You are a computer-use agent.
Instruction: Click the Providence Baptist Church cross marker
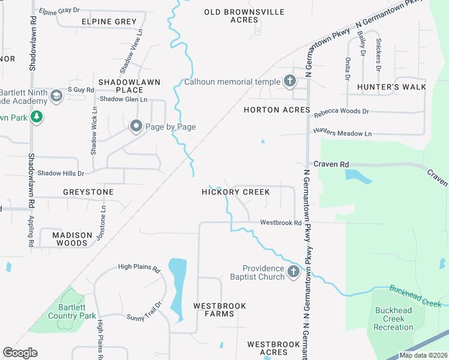coord(293,272)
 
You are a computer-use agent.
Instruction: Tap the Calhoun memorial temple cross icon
coord(290,82)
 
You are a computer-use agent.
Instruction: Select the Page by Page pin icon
coord(136,127)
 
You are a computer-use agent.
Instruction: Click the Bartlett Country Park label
coord(72,311)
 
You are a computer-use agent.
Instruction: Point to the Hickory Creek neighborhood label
coord(235,192)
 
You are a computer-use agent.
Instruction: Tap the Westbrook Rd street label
coord(280,223)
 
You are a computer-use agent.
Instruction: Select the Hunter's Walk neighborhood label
coord(391,87)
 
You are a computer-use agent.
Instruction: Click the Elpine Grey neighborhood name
coord(109,22)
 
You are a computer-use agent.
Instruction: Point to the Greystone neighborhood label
coord(88,192)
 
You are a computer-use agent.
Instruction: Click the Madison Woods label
coord(72,239)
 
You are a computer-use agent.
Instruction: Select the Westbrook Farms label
coord(220,310)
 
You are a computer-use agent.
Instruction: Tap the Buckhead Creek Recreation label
coord(393,319)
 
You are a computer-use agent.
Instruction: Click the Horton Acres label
coord(277,110)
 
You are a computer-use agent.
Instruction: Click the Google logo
coord(20,353)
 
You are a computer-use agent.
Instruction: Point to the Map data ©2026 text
coord(423,355)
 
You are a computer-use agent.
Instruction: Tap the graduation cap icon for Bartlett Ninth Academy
coord(56,96)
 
